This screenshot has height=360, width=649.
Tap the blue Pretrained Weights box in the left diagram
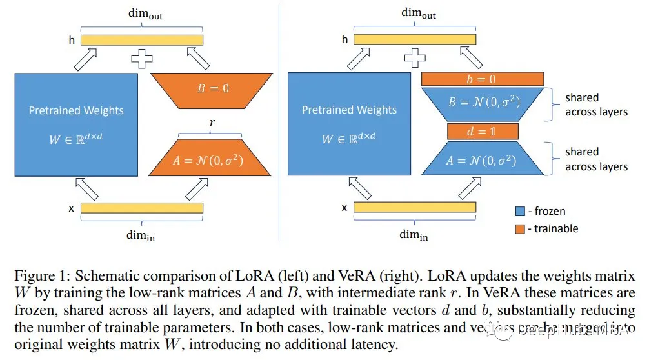click(76, 124)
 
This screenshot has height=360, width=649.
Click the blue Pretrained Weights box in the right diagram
click(349, 124)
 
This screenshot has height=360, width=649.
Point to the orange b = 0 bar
click(482, 79)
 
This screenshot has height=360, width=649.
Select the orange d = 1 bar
click(483, 132)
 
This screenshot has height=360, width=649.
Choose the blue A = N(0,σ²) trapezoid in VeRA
click(483, 159)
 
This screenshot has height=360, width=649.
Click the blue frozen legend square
click(520, 211)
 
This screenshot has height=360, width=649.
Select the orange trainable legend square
click(520, 228)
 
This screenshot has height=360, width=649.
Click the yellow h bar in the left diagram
click(141, 39)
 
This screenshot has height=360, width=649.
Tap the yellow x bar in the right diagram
click(415, 207)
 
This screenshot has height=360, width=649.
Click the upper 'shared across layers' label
click(596, 105)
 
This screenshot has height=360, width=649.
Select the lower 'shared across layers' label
click(596, 159)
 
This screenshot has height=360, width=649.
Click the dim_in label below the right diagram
click(414, 234)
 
